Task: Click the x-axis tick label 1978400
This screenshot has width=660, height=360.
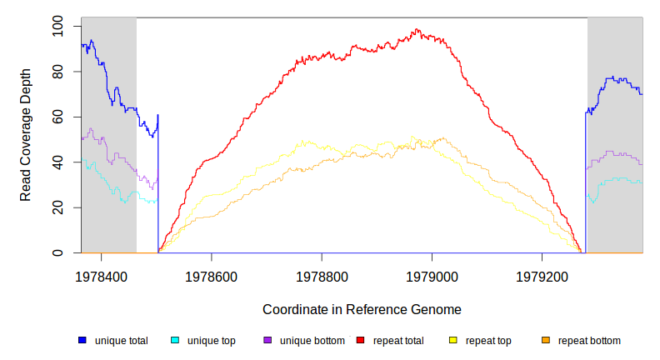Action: (x=102, y=274)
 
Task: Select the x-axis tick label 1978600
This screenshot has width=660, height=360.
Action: (x=212, y=274)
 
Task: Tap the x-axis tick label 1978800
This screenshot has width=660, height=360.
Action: (x=322, y=274)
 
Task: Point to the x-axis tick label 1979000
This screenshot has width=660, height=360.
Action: (x=432, y=274)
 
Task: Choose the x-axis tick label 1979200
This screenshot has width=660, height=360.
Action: (x=542, y=274)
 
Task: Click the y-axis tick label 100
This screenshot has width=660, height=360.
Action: (x=57, y=27)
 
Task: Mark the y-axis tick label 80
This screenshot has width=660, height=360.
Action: (x=57, y=72)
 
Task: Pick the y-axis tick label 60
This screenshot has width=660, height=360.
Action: (x=57, y=117)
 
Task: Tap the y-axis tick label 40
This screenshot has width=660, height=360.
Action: (x=57, y=162)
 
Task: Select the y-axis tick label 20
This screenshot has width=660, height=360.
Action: (x=57, y=207)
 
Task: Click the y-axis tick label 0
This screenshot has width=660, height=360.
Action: (x=57, y=252)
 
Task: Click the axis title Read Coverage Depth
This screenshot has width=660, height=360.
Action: (x=26, y=135)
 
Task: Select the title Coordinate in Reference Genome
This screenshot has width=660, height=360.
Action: (x=362, y=309)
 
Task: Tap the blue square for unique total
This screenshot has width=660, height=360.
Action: (x=82, y=341)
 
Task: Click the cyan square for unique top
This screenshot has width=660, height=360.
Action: (x=175, y=341)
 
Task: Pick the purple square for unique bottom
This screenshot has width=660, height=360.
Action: (x=267, y=341)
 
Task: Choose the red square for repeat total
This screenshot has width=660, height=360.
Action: (x=361, y=341)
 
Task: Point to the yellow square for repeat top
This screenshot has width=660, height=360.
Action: (x=453, y=341)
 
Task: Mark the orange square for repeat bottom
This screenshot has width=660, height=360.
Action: (x=546, y=341)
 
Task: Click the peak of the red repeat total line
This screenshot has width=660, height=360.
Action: (x=417, y=30)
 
